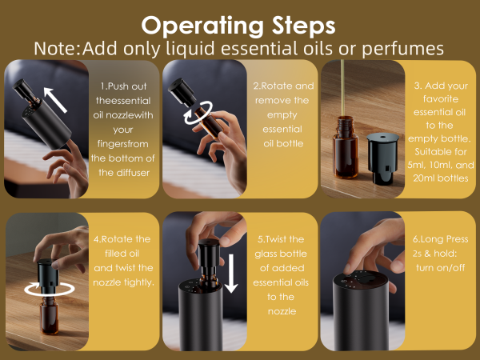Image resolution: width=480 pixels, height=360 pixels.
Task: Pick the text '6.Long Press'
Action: (439, 238)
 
